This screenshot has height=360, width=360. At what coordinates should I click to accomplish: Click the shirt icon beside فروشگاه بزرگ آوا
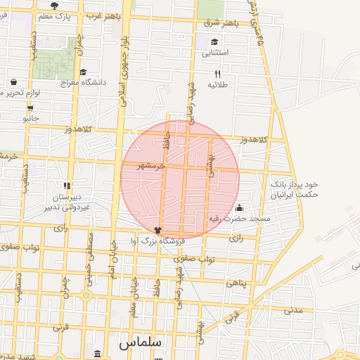click(x=157, y=229)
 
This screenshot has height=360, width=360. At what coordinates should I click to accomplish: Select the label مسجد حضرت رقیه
click(x=239, y=219)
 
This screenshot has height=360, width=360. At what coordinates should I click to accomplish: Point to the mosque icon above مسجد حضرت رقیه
click(x=239, y=208)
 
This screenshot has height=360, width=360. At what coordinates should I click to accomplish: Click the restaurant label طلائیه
click(x=218, y=84)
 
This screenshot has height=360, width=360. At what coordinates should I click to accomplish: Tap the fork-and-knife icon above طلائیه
click(x=218, y=74)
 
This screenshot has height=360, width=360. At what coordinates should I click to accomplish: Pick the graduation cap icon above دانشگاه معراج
click(x=83, y=72)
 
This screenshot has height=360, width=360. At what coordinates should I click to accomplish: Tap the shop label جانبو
click(x=31, y=118)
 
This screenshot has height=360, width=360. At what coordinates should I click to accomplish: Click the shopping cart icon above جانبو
click(x=30, y=108)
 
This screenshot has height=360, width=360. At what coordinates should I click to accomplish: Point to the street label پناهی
click(x=236, y=282)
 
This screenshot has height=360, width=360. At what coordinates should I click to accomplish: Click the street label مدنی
click(x=293, y=309)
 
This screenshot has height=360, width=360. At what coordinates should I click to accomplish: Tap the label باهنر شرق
click(x=221, y=23)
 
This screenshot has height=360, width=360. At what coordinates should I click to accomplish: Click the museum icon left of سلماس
click(x=97, y=353)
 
